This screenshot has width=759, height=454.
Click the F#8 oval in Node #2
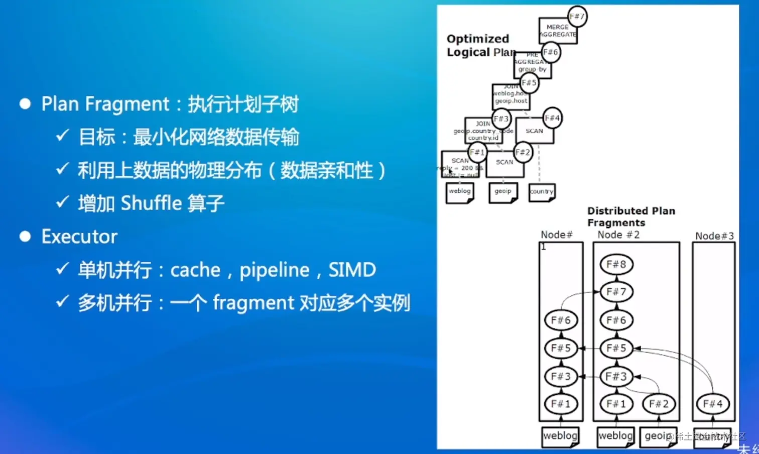click(616, 264)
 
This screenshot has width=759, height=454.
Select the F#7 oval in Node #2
click(616, 292)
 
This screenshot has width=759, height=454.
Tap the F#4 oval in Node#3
click(713, 404)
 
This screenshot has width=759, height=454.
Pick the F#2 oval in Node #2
click(659, 404)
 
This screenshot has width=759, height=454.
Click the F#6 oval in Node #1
click(561, 320)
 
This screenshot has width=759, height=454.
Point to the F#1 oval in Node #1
click(561, 404)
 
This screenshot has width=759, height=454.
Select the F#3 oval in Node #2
click(616, 377)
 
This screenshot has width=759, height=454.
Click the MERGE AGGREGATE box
click(557, 31)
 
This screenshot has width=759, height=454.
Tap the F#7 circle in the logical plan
click(577, 16)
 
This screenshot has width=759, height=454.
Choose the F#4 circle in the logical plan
click(552, 118)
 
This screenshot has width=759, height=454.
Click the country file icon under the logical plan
click(542, 192)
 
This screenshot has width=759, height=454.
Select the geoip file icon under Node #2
click(658, 436)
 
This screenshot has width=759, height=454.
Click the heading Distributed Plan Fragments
click(631, 216)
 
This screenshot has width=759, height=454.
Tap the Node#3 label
click(714, 236)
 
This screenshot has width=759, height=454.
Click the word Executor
click(79, 237)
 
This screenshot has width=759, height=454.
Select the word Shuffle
click(151, 203)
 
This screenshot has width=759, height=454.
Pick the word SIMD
click(352, 270)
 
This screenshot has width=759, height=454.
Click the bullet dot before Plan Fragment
click(25, 104)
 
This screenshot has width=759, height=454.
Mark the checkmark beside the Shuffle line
click(62, 202)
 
